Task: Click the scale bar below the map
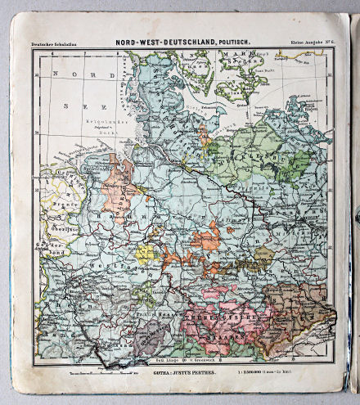[98, 370]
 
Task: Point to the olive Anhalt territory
[263, 257]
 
